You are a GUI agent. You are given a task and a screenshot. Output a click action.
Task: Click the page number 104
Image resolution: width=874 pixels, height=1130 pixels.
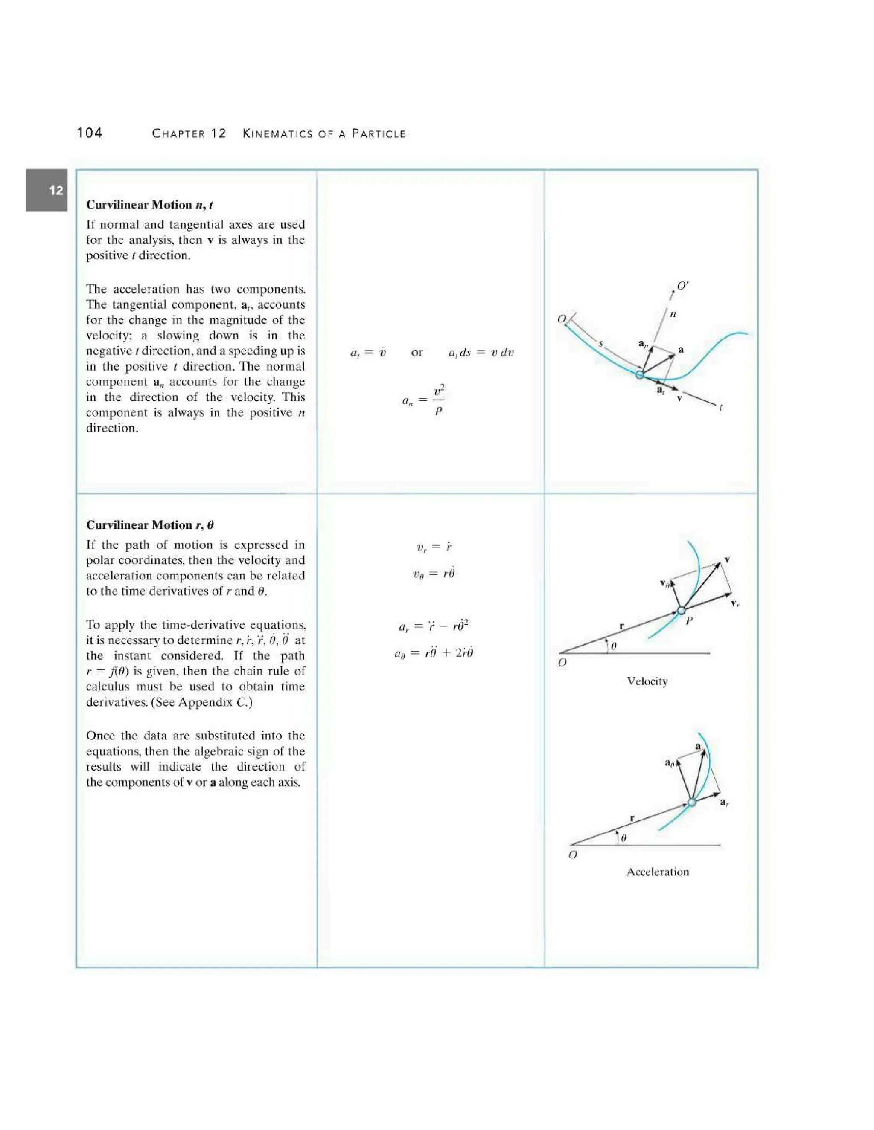click(x=89, y=133)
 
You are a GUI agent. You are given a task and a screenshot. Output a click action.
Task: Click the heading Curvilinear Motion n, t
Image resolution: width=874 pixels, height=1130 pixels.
click(x=150, y=205)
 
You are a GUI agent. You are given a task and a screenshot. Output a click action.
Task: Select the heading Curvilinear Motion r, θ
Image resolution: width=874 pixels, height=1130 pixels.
click(x=150, y=525)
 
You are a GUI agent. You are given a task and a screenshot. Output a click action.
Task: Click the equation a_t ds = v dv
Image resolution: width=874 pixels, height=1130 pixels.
click(x=481, y=353)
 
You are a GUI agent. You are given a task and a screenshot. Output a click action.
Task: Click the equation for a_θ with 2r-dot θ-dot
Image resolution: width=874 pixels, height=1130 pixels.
click(x=434, y=653)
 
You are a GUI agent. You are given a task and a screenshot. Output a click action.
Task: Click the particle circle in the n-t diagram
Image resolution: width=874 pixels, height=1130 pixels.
click(x=640, y=374)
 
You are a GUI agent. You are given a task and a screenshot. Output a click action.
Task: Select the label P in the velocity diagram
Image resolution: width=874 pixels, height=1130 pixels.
click(x=689, y=621)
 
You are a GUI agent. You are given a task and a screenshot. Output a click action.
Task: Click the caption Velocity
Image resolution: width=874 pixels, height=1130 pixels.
click(x=647, y=681)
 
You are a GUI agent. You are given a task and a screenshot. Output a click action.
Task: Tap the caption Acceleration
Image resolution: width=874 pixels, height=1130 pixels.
click(x=658, y=872)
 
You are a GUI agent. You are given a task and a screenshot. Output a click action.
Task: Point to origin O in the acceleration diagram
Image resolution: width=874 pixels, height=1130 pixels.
click(x=573, y=855)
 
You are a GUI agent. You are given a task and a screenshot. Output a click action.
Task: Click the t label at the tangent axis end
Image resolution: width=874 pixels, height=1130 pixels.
click(x=721, y=408)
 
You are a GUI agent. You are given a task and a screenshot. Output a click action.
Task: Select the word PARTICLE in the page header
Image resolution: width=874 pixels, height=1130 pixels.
click(x=379, y=134)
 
